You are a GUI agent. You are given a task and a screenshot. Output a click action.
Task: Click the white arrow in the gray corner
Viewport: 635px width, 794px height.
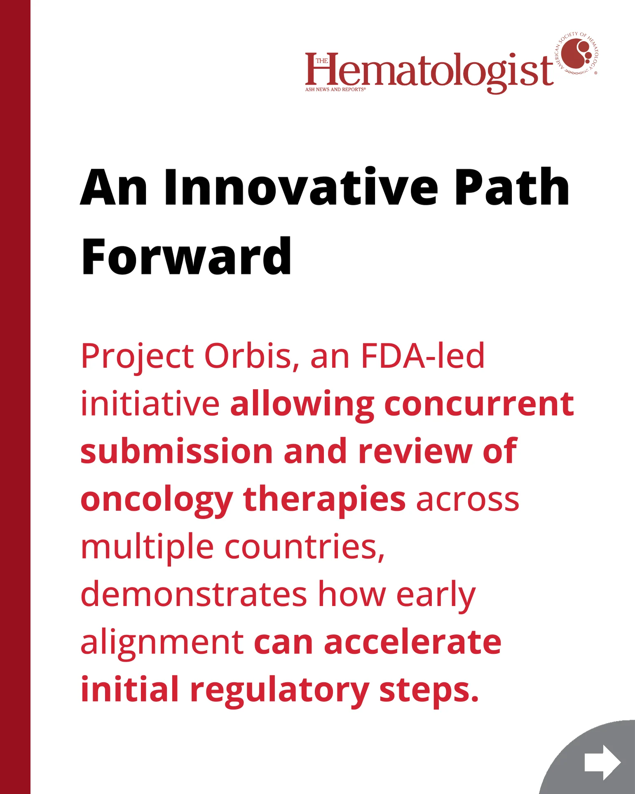click(602, 762)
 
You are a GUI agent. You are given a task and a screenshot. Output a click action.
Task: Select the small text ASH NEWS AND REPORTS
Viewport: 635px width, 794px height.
click(335, 89)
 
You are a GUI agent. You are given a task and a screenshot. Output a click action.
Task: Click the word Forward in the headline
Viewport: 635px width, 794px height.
click(186, 256)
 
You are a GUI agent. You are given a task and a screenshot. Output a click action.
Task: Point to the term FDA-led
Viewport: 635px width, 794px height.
click(422, 355)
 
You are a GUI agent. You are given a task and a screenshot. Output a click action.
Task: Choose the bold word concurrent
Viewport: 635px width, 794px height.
click(479, 404)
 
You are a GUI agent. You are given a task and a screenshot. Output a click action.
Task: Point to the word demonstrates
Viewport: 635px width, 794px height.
click(194, 594)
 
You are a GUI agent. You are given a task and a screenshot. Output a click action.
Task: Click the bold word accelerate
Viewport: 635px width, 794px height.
click(412, 642)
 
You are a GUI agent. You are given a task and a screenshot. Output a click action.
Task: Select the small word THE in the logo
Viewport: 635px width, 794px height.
click(322, 61)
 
